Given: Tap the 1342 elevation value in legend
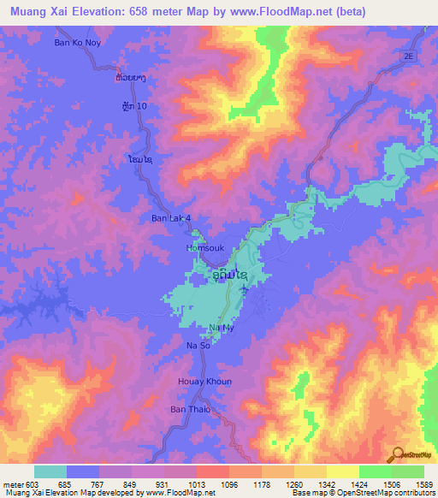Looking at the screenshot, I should [315, 483].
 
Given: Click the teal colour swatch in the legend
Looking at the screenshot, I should [50, 471].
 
